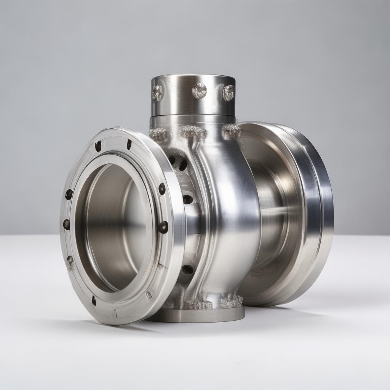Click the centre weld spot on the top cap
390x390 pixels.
[200, 91]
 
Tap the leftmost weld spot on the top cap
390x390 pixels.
[157, 93]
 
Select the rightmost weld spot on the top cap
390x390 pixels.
[229, 93]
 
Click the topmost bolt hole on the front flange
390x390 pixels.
[129, 144]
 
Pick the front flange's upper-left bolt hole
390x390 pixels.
[98, 146]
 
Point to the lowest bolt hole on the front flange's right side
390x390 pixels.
[163, 227]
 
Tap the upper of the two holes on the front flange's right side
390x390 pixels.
[162, 188]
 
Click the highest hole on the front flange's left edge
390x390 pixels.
[69, 194]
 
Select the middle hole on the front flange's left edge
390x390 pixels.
[67, 224]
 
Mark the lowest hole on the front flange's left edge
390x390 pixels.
[70, 259]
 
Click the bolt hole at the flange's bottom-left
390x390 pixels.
[94, 300]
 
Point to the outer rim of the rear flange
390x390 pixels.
[326, 213]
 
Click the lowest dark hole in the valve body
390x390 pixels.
[187, 269]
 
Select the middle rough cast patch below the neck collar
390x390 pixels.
[193, 132]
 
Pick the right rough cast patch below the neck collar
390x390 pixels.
[231, 131]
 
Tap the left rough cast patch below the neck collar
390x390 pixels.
[159, 134]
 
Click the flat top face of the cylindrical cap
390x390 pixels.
[193, 77]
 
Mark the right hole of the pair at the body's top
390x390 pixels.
[183, 165]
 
